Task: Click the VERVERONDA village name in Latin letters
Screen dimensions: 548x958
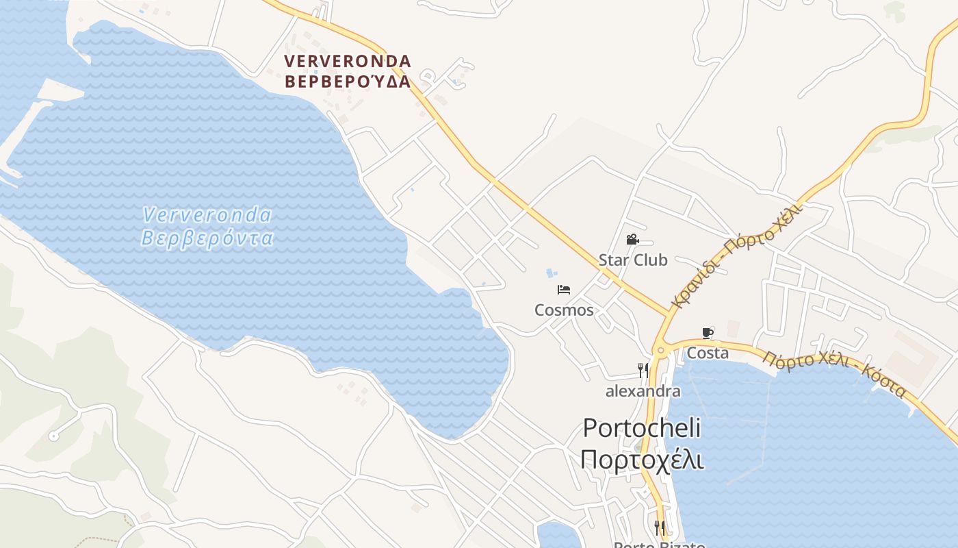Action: point(348,61)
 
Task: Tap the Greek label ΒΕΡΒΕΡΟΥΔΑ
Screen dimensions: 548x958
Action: point(348,82)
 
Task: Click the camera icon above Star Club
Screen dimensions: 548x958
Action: point(632,240)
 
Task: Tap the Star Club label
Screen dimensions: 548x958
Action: point(633,260)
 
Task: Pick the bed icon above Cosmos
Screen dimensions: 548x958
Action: point(564,290)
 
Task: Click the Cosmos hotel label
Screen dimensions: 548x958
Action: point(564,310)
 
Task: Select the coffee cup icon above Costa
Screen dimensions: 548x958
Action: point(708,334)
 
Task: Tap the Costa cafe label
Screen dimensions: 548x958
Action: point(708,353)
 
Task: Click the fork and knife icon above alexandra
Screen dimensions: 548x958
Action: point(643,371)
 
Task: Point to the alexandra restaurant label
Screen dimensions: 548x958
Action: point(643,391)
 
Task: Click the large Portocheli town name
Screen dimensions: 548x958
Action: point(642,428)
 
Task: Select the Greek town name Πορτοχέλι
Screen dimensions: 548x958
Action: point(642,459)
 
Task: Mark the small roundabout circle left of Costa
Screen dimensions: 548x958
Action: point(660,351)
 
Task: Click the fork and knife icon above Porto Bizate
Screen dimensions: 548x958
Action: point(660,527)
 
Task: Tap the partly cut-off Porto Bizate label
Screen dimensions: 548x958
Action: point(659,545)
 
